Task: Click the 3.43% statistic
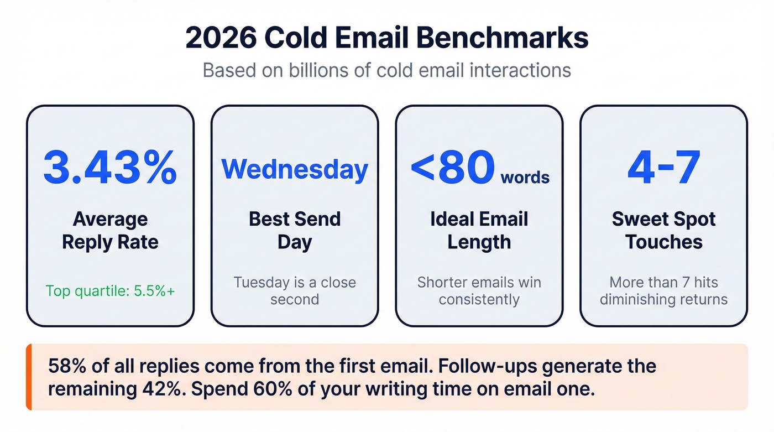(x=110, y=166)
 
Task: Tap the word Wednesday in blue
(x=295, y=169)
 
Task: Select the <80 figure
(x=452, y=167)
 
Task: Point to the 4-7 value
(x=663, y=166)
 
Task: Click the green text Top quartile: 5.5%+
(x=110, y=290)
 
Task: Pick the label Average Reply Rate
(x=110, y=231)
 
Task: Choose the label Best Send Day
(x=295, y=231)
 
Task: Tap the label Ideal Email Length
(x=479, y=231)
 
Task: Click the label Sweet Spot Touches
(x=663, y=231)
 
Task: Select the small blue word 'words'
(x=525, y=178)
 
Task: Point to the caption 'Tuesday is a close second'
(x=295, y=291)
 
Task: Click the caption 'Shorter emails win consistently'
(x=479, y=291)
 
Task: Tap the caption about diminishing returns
(x=663, y=291)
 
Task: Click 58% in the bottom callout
(x=65, y=366)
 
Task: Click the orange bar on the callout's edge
(x=29, y=377)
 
